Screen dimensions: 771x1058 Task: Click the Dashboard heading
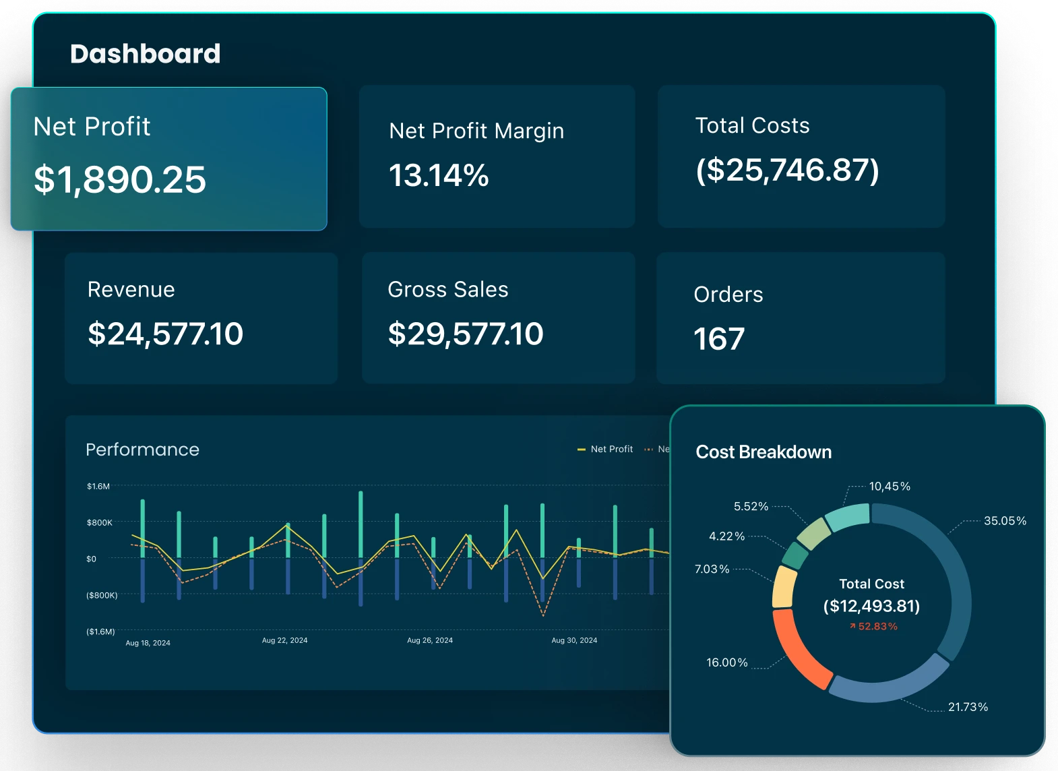(x=145, y=54)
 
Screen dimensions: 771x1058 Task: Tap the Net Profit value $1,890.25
(x=120, y=180)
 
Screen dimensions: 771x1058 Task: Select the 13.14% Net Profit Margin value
(x=439, y=176)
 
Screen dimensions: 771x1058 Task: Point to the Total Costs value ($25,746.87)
(x=787, y=170)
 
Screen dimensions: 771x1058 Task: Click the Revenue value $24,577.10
(x=165, y=334)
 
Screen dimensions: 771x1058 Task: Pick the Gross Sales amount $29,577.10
(x=465, y=334)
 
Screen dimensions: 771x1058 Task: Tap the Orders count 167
(x=719, y=339)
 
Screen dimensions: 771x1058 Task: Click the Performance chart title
(x=142, y=450)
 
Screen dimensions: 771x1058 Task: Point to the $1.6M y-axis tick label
(x=98, y=487)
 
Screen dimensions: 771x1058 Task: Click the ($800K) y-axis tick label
(x=102, y=596)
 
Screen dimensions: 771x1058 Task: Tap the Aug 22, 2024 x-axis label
(x=284, y=640)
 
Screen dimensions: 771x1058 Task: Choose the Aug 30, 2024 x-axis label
(x=574, y=640)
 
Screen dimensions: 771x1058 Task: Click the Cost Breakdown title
(x=764, y=452)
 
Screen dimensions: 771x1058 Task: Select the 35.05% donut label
(x=1005, y=521)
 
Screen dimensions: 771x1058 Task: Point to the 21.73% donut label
(x=968, y=707)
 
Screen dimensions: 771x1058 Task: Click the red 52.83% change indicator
(x=873, y=627)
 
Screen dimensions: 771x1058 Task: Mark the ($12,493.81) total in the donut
(x=871, y=606)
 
